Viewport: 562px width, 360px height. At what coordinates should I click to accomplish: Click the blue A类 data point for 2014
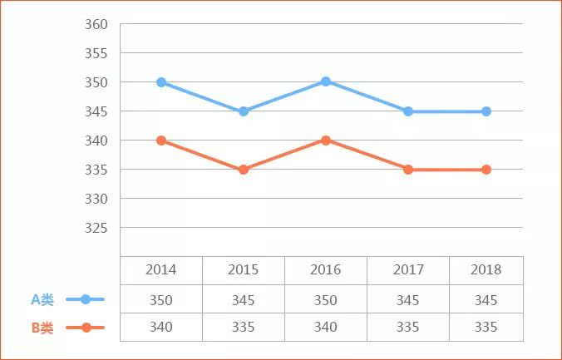[x=161, y=82]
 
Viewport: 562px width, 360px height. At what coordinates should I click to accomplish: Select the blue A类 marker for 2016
[x=326, y=81]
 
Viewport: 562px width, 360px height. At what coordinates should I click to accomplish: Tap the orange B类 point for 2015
[x=244, y=170]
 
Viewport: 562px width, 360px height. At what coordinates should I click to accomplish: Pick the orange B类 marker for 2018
[x=486, y=170]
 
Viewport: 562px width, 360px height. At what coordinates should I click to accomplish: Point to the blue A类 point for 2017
[x=408, y=111]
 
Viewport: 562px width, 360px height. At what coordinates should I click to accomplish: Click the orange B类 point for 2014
[x=161, y=141]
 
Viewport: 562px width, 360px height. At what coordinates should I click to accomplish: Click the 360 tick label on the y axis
[x=96, y=24]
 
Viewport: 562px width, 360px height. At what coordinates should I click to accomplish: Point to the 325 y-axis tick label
[x=96, y=228]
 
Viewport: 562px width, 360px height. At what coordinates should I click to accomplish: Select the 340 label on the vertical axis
[x=96, y=141]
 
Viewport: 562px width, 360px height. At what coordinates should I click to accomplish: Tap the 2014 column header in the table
[x=160, y=270]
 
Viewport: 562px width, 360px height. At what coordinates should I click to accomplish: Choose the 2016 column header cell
[x=325, y=270]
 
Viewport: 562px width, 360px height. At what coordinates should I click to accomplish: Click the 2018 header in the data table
[x=486, y=270]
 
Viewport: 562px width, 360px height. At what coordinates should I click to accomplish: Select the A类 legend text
[x=42, y=299]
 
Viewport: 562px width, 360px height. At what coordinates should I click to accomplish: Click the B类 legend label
[x=42, y=328]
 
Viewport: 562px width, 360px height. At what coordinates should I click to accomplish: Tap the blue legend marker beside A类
[x=86, y=299]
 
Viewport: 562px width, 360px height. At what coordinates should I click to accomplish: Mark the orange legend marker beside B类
[x=86, y=328]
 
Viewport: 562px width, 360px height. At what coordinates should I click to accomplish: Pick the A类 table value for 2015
[x=243, y=299]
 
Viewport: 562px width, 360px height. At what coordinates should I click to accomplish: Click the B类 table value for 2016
[x=325, y=328]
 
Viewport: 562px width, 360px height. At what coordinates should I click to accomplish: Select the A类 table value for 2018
[x=486, y=299]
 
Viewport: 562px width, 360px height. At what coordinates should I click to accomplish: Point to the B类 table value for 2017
[x=407, y=328]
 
